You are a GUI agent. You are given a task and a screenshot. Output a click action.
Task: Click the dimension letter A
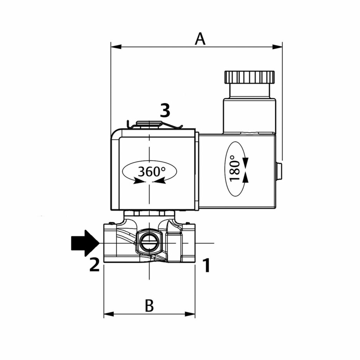[200, 39]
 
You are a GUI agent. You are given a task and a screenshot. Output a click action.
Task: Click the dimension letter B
[149, 306]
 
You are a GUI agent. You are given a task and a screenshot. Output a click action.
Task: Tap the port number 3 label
[165, 110]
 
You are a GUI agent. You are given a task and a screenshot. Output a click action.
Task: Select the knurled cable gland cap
[249, 77]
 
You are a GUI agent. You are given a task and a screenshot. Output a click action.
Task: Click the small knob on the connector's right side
[279, 171]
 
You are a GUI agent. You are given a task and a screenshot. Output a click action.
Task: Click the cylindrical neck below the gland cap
[249, 91]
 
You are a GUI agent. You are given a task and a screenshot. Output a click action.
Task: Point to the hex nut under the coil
[149, 213]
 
